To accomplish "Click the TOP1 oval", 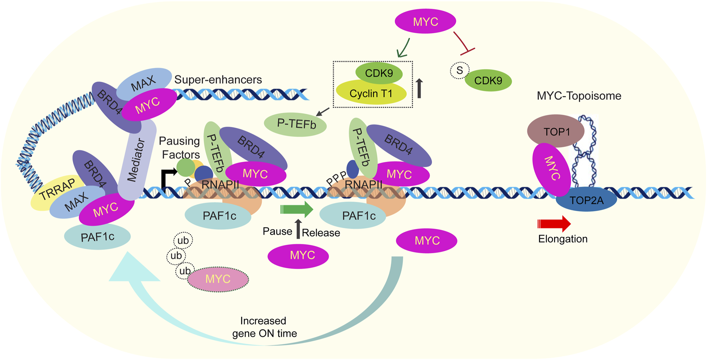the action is [556, 131].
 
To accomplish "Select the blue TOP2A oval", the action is [586, 199].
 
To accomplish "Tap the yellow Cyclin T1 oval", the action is [371, 93].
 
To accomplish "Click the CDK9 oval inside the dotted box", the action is [379, 73].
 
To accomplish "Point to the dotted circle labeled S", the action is [459, 70].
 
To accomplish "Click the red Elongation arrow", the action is [554, 224].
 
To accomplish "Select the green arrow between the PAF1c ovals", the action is [297, 210].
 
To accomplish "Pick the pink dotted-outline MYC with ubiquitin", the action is [218, 279].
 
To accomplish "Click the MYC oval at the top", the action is [425, 21].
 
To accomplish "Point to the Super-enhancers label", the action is [218, 80].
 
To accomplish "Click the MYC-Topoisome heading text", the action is [579, 96].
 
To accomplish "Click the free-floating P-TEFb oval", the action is [296, 124].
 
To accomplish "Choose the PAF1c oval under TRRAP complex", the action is [97, 237].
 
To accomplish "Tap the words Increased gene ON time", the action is [264, 327].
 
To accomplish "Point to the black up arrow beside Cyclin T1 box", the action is [419, 89].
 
